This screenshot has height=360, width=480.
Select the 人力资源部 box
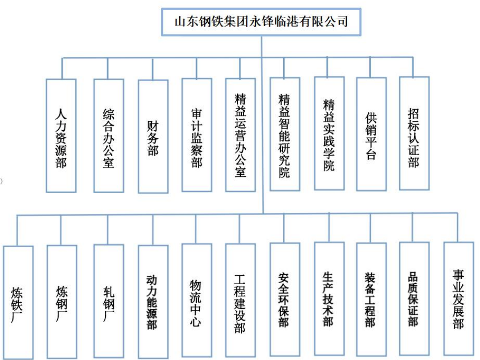pos(61,135)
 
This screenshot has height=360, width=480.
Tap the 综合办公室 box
pos(109,135)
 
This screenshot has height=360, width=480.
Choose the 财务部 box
pos(153,136)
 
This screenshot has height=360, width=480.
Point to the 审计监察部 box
pos(197,134)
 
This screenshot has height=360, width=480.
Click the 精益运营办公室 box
pos(240,134)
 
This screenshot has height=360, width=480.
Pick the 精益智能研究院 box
pos(285,133)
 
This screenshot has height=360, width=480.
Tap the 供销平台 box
pos(371,133)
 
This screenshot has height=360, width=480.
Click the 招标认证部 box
pos(414,133)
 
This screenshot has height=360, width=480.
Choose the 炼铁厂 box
pos(18,302)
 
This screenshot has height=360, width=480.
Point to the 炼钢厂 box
pos(62,301)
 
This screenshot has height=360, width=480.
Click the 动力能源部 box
pos(153,301)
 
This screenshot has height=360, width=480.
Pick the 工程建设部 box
pos(240,300)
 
